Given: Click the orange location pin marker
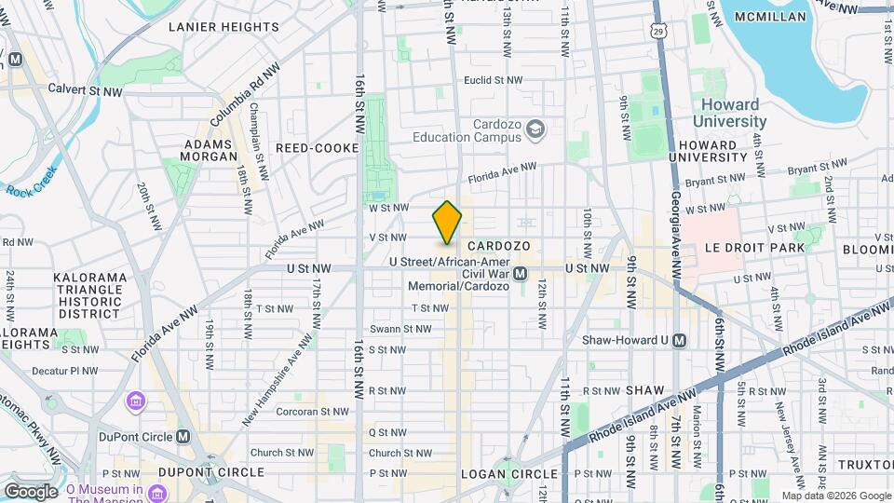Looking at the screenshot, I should click(x=447, y=223).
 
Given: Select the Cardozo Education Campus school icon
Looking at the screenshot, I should click(x=535, y=129).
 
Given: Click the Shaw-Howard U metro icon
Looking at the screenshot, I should click(x=680, y=340).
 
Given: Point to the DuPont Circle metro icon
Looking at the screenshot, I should click(x=183, y=436).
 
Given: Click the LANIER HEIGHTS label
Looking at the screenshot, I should click(x=223, y=27).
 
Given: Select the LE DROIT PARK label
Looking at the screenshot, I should click(x=754, y=249).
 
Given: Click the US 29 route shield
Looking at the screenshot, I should click(x=658, y=33).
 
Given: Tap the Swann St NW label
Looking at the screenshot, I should click(x=400, y=329).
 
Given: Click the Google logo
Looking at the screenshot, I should click(x=31, y=491).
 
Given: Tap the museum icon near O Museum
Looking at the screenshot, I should click(x=137, y=401).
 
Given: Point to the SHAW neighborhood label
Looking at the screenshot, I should click(x=644, y=389).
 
